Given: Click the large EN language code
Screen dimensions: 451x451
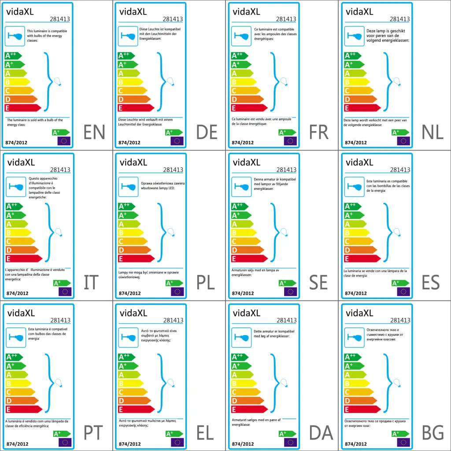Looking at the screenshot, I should [94, 132].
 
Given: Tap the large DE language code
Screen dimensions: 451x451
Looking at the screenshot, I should [207, 132].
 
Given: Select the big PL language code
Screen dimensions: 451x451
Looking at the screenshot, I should [205, 282].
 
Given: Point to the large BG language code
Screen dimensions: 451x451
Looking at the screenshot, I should [433, 433].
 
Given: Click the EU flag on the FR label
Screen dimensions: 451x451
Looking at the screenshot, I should [290, 141].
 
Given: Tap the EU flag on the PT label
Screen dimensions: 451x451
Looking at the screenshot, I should [64, 442].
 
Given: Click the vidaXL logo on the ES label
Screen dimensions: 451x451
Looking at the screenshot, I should [359, 163].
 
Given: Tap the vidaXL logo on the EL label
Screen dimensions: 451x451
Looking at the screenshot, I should [133, 313].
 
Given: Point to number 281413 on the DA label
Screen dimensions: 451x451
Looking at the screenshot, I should [286, 320].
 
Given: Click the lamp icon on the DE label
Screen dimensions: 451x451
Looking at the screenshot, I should [128, 36].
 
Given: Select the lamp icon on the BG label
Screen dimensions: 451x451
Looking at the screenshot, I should [354, 337].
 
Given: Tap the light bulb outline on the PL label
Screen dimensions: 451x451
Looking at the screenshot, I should [170, 233].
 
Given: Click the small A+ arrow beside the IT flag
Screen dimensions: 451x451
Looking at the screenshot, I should [62, 283].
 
